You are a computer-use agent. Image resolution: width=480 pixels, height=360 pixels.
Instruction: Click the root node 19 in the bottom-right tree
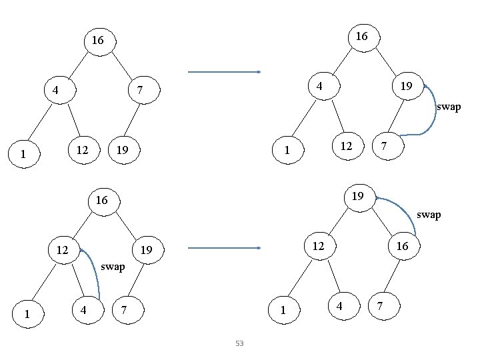357,197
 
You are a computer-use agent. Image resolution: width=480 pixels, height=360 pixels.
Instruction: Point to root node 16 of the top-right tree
361,37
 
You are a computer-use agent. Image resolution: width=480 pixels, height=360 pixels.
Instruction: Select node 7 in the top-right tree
383,146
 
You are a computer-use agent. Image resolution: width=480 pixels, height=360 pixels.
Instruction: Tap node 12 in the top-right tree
346,145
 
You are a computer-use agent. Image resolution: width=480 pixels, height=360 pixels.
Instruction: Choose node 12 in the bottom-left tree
63,250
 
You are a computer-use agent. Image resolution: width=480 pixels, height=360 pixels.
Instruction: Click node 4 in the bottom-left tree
83,310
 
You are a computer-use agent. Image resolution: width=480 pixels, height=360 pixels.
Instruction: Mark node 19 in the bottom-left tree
147,251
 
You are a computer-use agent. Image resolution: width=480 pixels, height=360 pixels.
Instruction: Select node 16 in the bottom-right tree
402,247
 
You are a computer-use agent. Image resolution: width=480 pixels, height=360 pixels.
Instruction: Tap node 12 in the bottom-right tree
319,246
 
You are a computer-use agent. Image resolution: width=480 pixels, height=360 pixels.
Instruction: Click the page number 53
239,343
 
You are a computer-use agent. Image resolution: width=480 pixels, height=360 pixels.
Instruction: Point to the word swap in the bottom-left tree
113,267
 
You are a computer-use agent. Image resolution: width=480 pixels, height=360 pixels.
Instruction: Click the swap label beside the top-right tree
448,107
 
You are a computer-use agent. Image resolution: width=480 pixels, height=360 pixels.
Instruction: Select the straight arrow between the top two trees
224,72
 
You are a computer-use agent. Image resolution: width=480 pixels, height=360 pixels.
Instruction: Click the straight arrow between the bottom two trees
224,248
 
